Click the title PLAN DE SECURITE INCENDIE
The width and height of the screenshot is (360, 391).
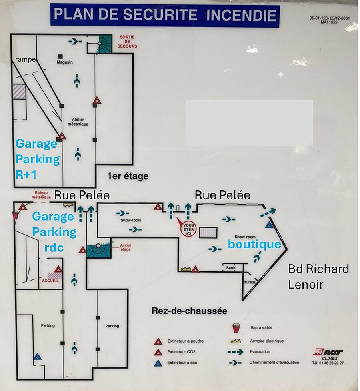point(165,16)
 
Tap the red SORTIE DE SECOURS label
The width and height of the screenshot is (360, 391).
point(127,42)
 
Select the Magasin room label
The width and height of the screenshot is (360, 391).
point(64,62)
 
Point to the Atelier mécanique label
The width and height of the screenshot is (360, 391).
point(80,122)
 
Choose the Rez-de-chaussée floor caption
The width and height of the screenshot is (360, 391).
point(189,311)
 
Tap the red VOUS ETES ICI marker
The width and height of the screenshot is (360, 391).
point(188,229)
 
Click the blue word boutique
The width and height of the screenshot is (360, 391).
point(254,244)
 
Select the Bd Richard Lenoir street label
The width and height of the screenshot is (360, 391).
point(318,276)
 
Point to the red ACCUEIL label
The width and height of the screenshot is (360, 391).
point(50,281)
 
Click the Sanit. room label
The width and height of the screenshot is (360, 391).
point(231,267)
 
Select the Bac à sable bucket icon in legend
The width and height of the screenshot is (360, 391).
point(236,327)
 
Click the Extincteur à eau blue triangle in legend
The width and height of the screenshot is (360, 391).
point(158,363)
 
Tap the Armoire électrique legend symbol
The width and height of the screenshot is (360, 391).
point(236,341)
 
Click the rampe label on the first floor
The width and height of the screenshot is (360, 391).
point(26,59)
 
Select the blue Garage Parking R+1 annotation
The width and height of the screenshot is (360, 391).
point(37,159)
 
